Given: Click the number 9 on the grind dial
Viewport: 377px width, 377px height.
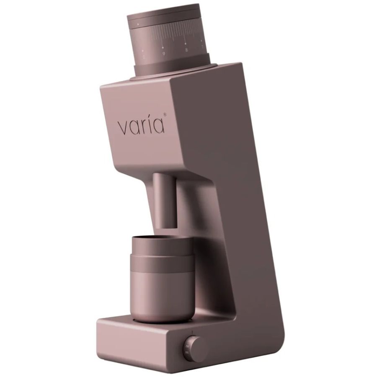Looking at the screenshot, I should point(163,54).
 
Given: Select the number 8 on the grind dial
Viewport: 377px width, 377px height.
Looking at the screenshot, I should point(186,50).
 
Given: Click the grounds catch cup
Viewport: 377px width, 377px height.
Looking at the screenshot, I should point(163,281).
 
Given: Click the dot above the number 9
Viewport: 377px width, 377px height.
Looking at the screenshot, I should point(163,47).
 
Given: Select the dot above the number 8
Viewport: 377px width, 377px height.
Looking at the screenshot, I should point(186,43).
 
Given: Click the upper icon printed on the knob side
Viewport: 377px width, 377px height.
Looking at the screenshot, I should point(183,346).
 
